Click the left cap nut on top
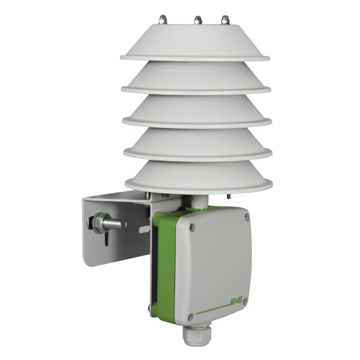pos(163,20)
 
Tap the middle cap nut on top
pos(196,20)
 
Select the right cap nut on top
pos(225,20)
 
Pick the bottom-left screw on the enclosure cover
pos(191,316)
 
